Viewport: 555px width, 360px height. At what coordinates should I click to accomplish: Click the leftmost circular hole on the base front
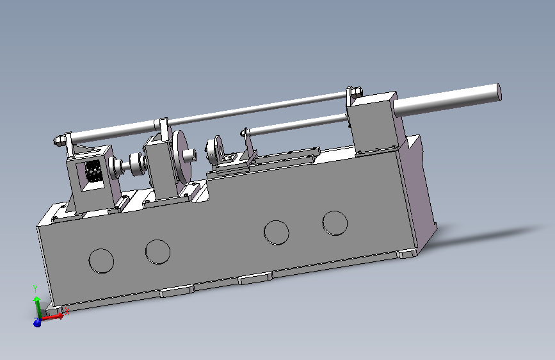101,261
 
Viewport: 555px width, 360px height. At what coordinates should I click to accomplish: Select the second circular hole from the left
158,252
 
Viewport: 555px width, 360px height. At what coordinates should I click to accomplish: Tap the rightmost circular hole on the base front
335,223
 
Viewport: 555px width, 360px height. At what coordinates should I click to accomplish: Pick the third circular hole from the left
277,233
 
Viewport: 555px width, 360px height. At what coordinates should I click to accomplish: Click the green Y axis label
35,288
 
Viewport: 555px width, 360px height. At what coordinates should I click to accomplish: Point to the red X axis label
67,311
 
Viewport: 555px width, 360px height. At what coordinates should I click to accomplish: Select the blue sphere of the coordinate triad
37,323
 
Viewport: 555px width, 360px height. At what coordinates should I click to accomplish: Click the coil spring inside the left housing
94,171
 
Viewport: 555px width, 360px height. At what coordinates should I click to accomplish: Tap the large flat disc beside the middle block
182,156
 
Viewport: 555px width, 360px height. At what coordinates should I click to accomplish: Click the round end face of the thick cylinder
499,92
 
